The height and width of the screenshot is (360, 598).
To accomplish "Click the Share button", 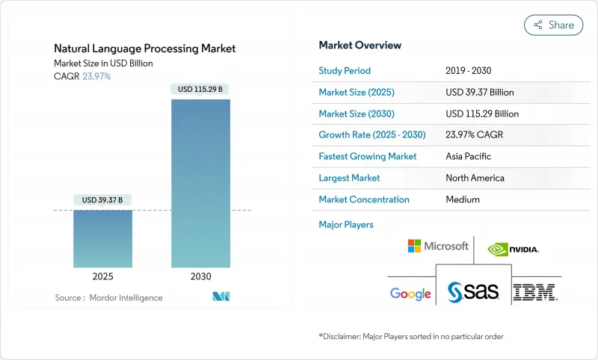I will pyautogui.click(x=553, y=25).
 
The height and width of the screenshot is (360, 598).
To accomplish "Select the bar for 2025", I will pyautogui.click(x=103, y=238).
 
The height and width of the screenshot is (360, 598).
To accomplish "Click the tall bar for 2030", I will pyautogui.click(x=200, y=183).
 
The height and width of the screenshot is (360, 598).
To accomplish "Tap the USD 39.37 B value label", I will pyautogui.click(x=103, y=199).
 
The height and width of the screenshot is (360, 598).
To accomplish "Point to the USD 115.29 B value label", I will pyautogui.click(x=200, y=89).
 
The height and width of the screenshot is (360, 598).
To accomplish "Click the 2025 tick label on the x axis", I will pyautogui.click(x=103, y=276).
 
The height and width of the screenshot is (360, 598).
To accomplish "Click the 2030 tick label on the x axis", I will pyautogui.click(x=200, y=276).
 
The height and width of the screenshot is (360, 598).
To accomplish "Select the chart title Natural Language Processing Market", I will pyautogui.click(x=145, y=49).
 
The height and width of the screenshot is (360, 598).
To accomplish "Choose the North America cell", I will pyautogui.click(x=475, y=178).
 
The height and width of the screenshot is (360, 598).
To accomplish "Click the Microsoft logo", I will pyautogui.click(x=438, y=246).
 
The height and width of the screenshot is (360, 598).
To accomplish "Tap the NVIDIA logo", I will pyautogui.click(x=513, y=249).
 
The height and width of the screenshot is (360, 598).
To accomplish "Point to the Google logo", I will pyautogui.click(x=410, y=294).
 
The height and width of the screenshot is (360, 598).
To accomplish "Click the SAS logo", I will pyautogui.click(x=472, y=292).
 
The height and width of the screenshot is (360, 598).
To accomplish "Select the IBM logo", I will pyautogui.click(x=536, y=292).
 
